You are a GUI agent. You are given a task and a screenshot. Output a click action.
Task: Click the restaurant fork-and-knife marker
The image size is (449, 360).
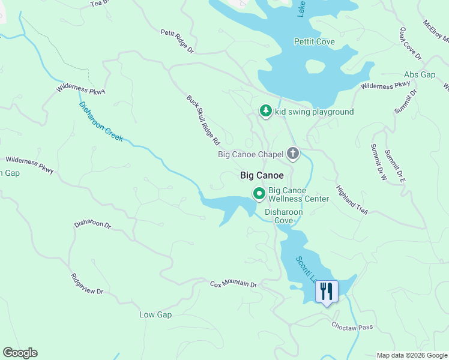pyautogui.click(x=327, y=292)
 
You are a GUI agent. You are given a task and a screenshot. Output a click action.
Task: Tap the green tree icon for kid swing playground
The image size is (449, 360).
pyautogui.click(x=265, y=111)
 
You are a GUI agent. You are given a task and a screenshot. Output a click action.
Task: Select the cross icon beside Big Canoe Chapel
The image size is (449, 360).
pyautogui.click(x=292, y=154)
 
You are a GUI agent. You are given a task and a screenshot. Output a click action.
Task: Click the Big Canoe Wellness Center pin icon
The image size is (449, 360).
pyautogui.click(x=259, y=193)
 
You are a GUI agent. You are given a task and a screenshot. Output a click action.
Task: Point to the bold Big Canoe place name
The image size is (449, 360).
pyautogui.click(x=262, y=176)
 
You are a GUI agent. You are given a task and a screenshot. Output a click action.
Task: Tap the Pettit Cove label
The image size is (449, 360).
pyautogui.click(x=314, y=41)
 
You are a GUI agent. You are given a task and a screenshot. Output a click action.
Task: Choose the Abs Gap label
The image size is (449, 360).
pyautogui.click(x=419, y=74)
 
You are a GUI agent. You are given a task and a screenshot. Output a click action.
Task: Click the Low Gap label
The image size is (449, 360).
pyautogui.click(x=155, y=314)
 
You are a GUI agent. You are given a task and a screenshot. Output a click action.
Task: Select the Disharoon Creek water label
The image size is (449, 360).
pyautogui.click(x=101, y=121)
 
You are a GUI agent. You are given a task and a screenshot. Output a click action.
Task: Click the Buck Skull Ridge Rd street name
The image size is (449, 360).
pyautogui.click(x=203, y=120)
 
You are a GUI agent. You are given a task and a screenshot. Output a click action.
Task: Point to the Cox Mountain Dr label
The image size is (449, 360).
pyautogui.click(x=233, y=283)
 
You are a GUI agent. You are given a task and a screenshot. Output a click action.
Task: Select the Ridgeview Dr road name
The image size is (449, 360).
pyautogui.click(x=87, y=284)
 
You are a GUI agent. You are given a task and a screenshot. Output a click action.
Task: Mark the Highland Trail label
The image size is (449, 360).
pyautogui.click(x=351, y=199)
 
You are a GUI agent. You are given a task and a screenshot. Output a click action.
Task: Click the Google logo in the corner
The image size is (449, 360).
pyautogui.click(x=20, y=353)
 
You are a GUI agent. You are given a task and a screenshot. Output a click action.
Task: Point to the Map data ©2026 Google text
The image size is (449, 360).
pyautogui.click(x=411, y=355)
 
